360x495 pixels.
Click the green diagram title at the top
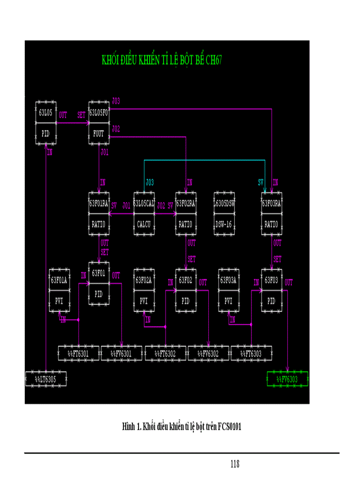161,60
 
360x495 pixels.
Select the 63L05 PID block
46,123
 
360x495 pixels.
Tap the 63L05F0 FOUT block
99,123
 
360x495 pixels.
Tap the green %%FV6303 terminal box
288,379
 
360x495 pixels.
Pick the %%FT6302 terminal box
165,354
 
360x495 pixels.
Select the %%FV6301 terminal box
122,354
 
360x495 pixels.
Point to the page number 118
235,464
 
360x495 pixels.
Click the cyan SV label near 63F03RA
261,182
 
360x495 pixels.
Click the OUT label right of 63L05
63,115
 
